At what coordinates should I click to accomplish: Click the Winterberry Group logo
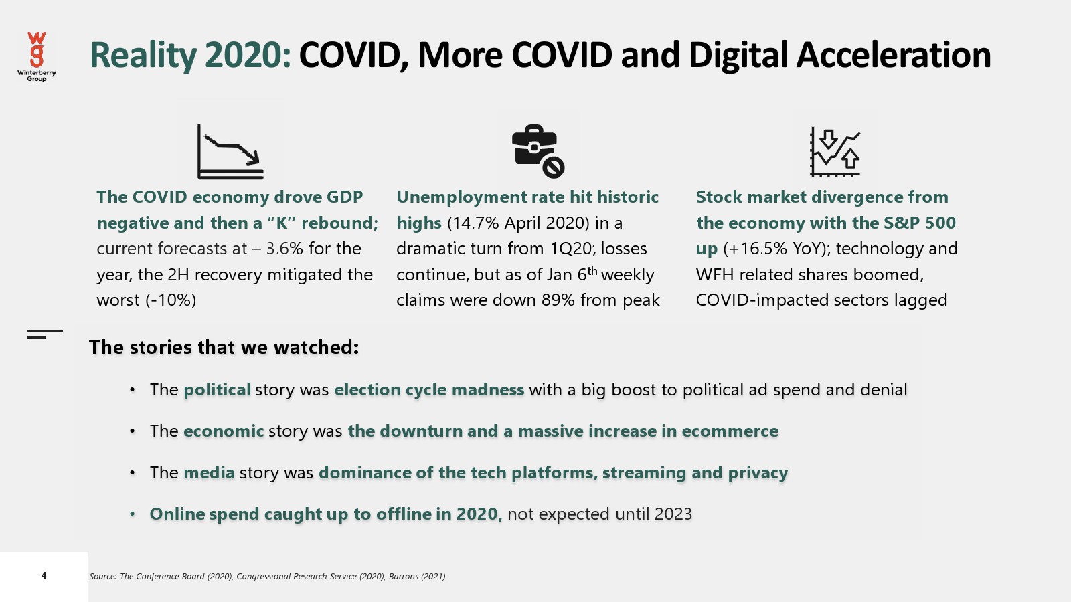[36, 56]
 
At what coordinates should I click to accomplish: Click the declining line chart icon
[230, 151]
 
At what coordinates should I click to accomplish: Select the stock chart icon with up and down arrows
[835, 152]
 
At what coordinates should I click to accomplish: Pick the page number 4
[44, 575]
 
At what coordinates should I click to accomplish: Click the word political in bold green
[217, 390]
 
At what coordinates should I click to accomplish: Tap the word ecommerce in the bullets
[730, 431]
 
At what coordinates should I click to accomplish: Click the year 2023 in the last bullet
[673, 514]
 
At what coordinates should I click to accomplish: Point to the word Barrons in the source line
[403, 576]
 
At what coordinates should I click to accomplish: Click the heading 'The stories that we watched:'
[224, 347]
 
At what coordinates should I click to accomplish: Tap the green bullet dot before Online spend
[133, 514]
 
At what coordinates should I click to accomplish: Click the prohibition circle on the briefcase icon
[553, 167]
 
